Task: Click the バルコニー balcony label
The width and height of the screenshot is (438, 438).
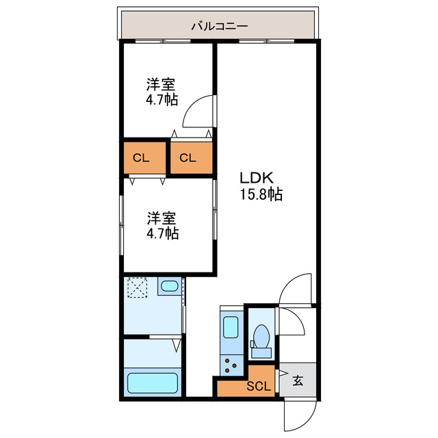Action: point(219,27)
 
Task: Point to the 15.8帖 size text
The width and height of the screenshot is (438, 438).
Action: point(261,195)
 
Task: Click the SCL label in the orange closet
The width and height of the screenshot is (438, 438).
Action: point(258,385)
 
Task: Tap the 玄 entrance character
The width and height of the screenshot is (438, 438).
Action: point(298,381)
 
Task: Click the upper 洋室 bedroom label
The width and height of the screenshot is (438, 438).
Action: point(162,85)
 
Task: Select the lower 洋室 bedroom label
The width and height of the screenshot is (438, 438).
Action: point(162,218)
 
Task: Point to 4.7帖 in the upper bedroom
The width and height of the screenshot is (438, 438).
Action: point(162,101)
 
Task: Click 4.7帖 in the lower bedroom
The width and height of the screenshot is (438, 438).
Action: point(162,234)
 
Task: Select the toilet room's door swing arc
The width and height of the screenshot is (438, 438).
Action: point(292,321)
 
